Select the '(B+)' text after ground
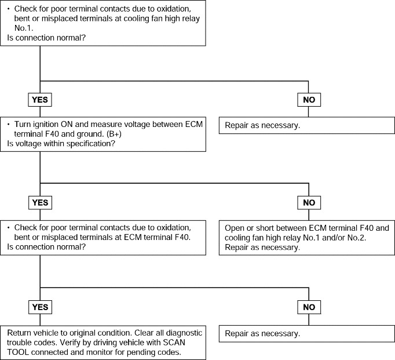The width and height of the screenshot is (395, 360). [x=114, y=134]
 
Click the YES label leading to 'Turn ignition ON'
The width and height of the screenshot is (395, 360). [x=40, y=100]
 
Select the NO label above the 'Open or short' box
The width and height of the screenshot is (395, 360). [x=309, y=203]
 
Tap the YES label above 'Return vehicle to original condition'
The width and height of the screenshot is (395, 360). [x=41, y=307]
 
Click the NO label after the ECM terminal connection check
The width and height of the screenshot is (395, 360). [x=309, y=307]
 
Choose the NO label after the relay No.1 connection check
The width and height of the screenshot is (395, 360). [x=309, y=100]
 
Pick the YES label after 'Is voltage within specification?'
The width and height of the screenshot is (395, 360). [x=41, y=203]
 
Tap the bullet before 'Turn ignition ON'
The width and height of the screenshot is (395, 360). [x=9, y=124]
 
